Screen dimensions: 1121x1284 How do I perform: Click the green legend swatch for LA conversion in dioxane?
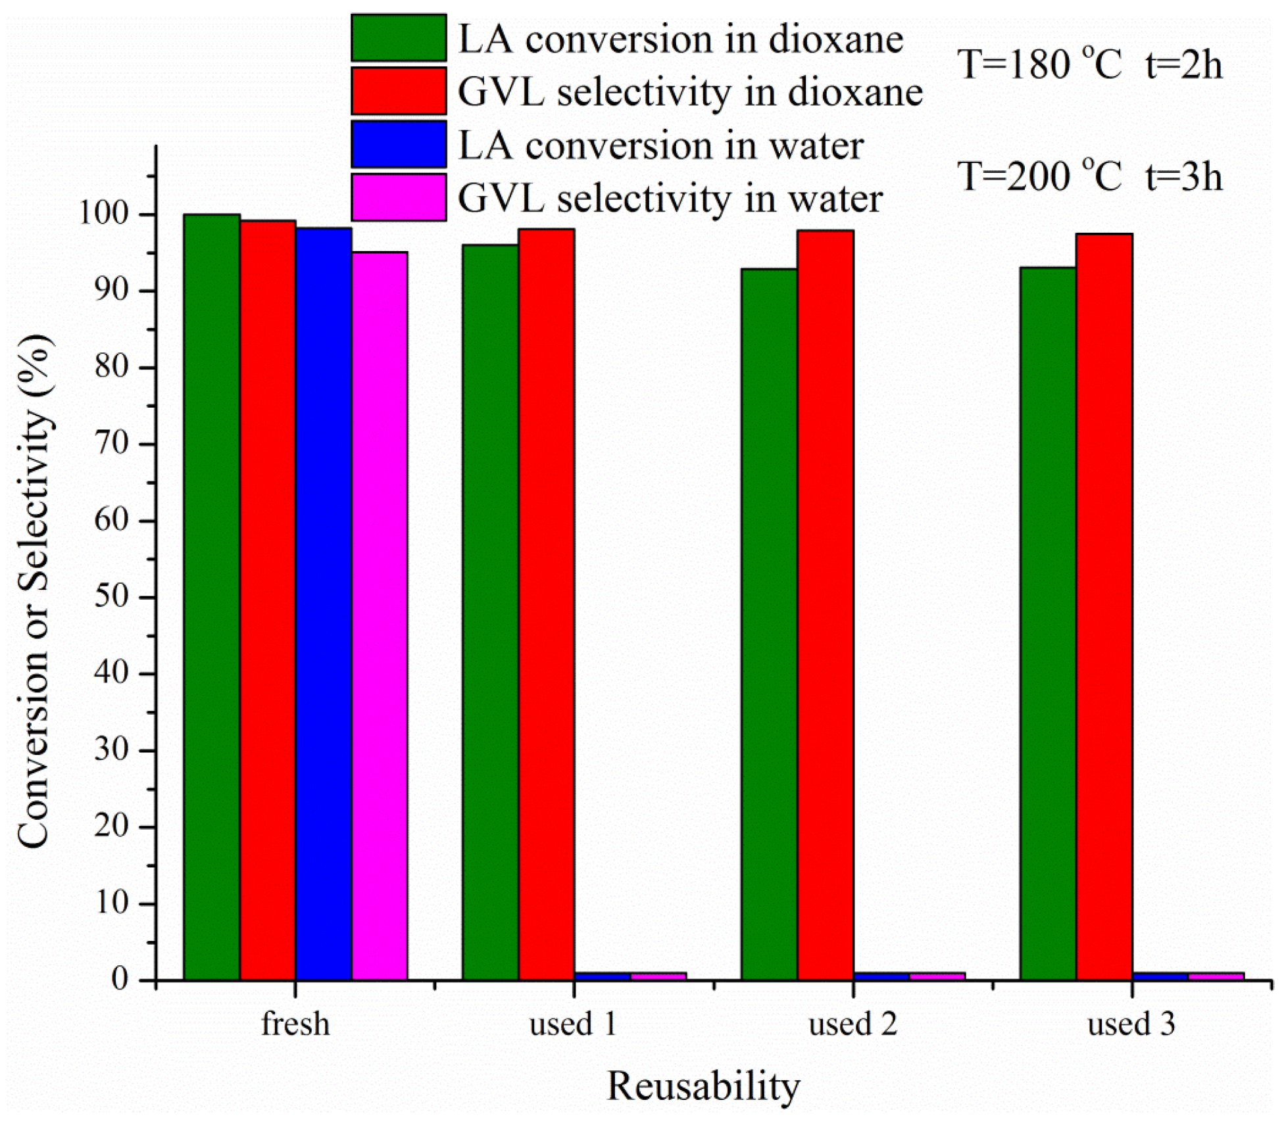(399, 38)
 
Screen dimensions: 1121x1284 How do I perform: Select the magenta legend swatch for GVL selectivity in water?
(399, 197)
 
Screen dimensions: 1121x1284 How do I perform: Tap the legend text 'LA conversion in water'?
(660, 146)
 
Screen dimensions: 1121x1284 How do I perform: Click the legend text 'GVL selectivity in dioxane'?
(690, 93)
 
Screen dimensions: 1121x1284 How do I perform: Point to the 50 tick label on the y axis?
(111, 596)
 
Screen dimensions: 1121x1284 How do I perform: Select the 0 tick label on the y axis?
(119, 980)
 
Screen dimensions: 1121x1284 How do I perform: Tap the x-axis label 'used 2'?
(852, 1024)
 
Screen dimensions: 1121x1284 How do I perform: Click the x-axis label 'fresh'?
(295, 1024)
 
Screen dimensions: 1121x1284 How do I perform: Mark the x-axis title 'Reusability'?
(703, 1086)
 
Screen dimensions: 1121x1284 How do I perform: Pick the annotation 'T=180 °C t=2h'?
(1089, 66)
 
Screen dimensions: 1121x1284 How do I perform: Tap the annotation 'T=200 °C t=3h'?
(1089, 178)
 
